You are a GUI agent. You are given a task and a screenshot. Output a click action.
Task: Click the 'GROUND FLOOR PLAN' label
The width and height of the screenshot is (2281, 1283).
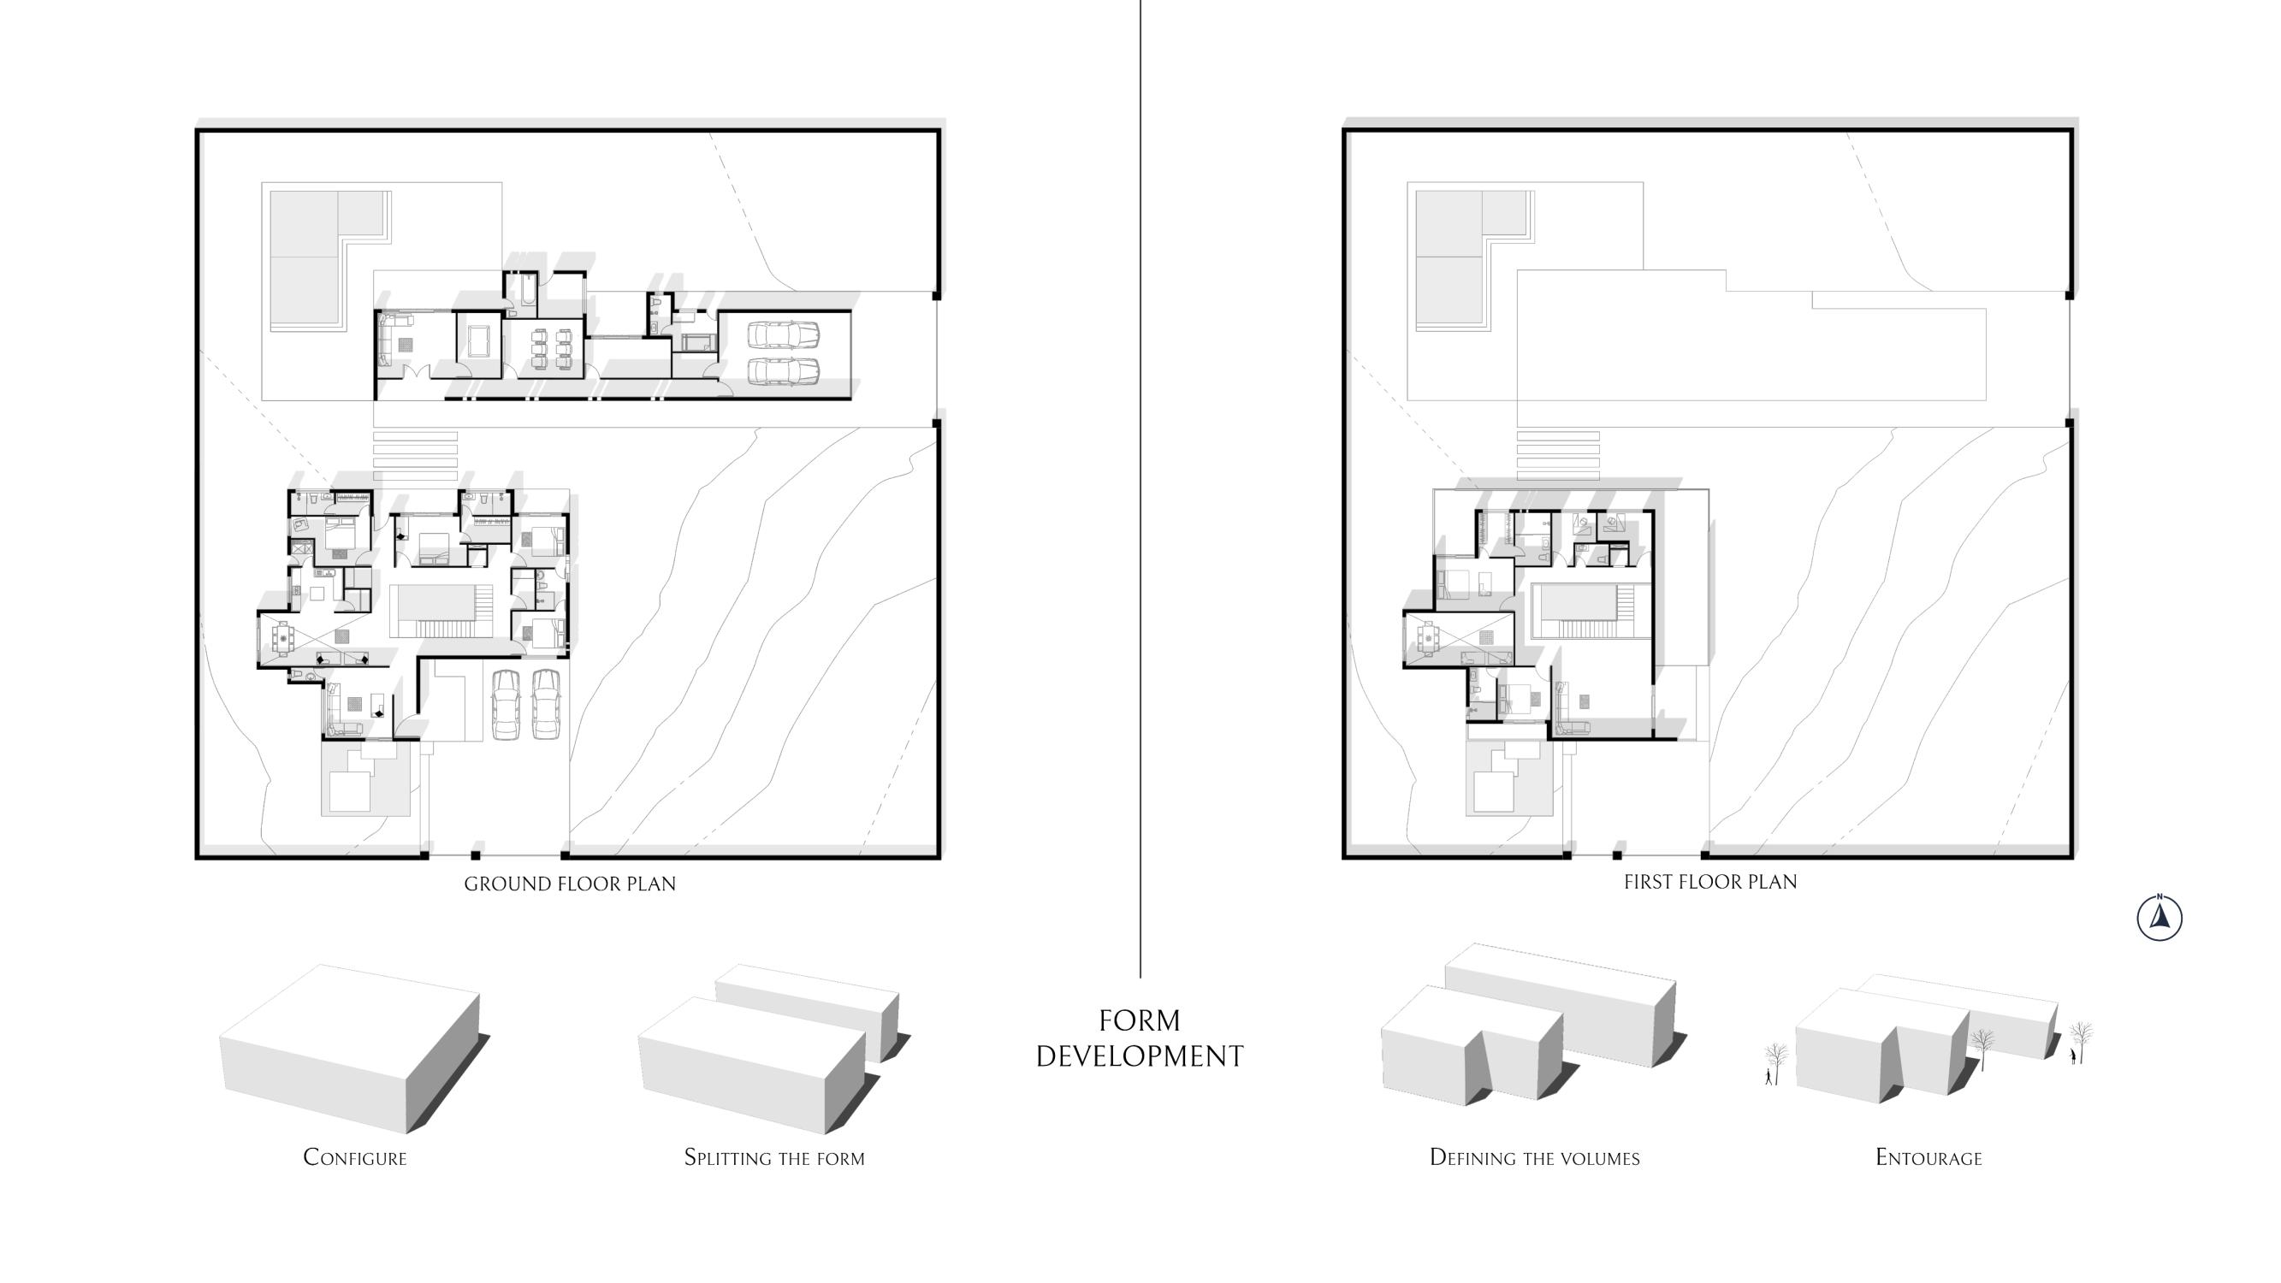coord(569,884)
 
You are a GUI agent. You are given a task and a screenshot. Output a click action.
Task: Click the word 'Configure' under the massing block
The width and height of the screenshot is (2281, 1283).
coord(355,1158)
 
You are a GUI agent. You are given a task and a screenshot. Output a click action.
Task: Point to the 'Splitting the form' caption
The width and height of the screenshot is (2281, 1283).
coord(774,1158)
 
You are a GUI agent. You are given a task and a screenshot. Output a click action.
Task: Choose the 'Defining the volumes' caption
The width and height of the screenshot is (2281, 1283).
coord(1535,1158)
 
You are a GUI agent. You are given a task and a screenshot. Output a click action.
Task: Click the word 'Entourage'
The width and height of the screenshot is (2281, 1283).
coord(1928,1158)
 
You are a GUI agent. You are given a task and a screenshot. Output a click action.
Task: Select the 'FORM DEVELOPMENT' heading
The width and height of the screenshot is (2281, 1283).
coord(1140,1038)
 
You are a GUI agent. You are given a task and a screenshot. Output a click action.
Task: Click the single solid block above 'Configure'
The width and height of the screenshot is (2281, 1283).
coord(350,1049)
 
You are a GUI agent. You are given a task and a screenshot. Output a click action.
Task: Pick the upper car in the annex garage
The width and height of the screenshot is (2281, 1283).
coord(783,334)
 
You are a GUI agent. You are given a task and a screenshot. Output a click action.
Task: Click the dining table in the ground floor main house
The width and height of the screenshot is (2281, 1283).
coord(283,636)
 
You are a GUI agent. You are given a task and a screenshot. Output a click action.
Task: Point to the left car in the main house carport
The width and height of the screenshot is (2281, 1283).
coord(507,704)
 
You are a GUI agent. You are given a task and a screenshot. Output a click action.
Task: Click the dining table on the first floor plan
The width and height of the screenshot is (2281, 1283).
coord(1426,637)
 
